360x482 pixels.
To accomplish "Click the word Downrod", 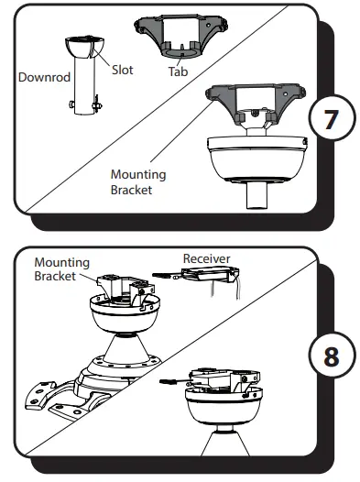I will click(x=42, y=78).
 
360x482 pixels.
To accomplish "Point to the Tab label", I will click(x=178, y=71).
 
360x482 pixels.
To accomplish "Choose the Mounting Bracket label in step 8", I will click(x=62, y=268).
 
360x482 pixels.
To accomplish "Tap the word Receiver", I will click(x=206, y=258).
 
